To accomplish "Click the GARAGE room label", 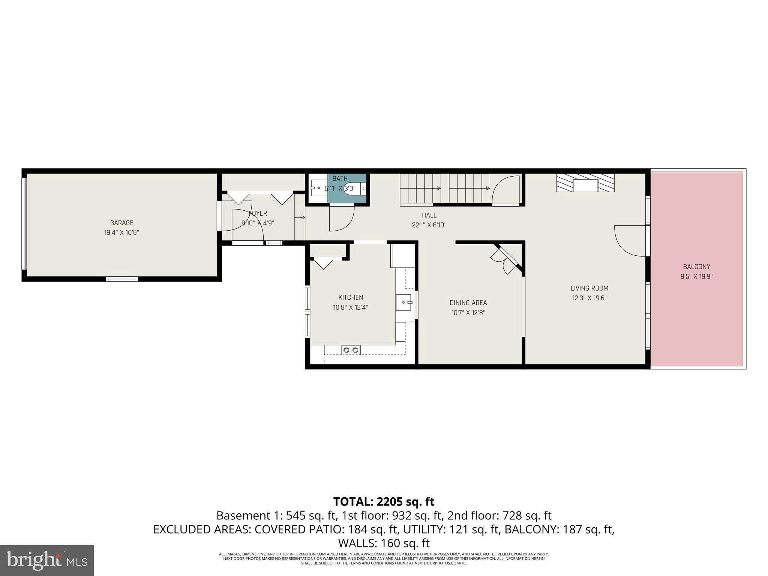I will (121, 223).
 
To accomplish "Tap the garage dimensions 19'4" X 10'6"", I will (121, 232).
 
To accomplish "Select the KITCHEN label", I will (351, 297).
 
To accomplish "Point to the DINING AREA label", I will (468, 303).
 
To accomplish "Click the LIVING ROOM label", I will (589, 288).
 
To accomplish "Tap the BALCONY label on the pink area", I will (696, 267).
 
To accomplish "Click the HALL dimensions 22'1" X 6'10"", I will (429, 225).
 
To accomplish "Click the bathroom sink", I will (318, 188).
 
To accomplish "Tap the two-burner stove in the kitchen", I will (351, 350).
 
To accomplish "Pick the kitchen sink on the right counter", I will (403, 302).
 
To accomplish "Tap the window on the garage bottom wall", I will (122, 279).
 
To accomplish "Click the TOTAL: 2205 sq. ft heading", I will (384, 501).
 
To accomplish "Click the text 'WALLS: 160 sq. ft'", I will (384, 543).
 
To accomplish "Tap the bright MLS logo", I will (47, 561).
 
